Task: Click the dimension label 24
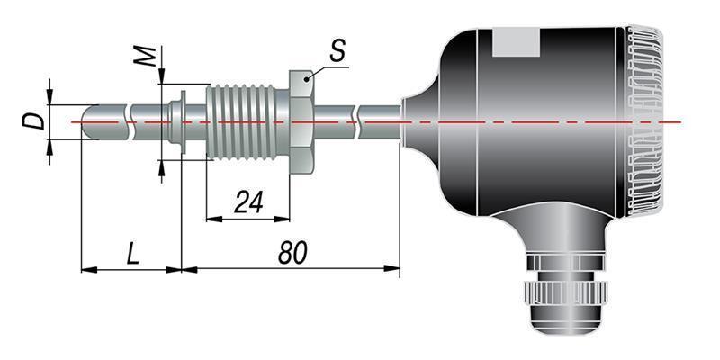pyautogui.click(x=249, y=202)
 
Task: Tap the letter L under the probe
pyautogui.click(x=132, y=253)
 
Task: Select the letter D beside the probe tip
pyautogui.click(x=34, y=121)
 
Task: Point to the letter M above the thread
pyautogui.click(x=148, y=57)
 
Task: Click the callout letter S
pyautogui.click(x=337, y=50)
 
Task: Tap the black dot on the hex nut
pyautogui.click(x=306, y=80)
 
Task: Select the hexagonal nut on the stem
pyautogui.click(x=301, y=122)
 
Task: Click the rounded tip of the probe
pyautogui.click(x=88, y=122)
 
